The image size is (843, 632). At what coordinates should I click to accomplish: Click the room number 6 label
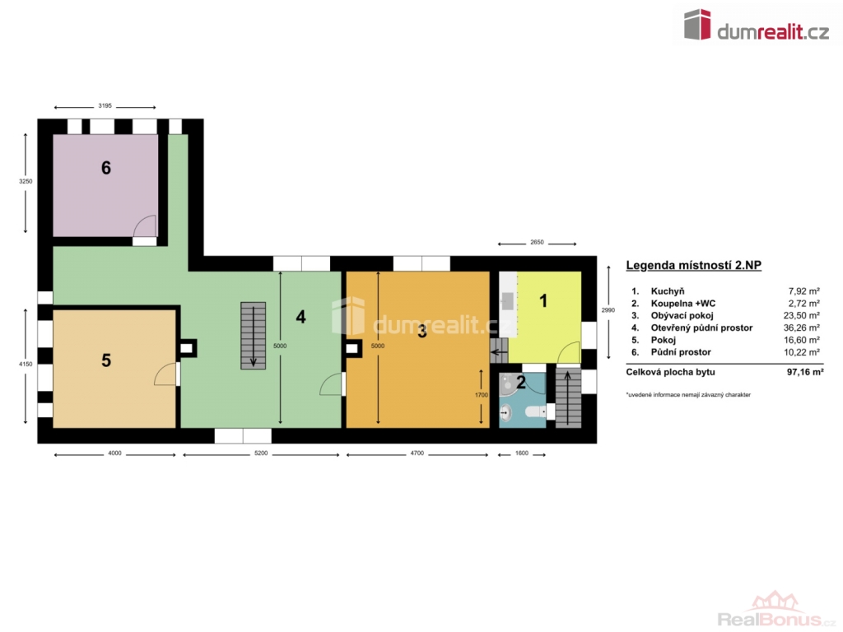pos(106,168)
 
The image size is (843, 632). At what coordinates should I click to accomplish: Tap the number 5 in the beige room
pos(106,360)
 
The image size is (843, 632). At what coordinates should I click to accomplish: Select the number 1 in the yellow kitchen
pos(543,301)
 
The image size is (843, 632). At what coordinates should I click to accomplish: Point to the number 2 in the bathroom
pos(521,382)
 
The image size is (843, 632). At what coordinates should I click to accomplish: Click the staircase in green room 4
pos(254,336)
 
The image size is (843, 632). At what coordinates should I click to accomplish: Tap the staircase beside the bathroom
pos(568,398)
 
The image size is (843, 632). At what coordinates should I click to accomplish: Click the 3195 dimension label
pos(105,106)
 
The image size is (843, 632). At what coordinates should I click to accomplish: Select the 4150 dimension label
pos(26,364)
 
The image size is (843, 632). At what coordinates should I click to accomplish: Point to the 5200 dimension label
pos(261,453)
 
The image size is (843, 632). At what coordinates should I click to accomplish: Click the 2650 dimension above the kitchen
pos(537,243)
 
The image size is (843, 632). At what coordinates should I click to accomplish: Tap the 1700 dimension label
pos(482,395)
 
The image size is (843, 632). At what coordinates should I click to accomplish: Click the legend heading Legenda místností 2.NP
pos(693,265)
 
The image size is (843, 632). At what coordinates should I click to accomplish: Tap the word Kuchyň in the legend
pos(667,291)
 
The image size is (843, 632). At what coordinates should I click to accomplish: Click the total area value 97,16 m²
pos(805,372)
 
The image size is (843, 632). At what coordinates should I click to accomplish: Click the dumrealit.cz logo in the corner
pos(757,26)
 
